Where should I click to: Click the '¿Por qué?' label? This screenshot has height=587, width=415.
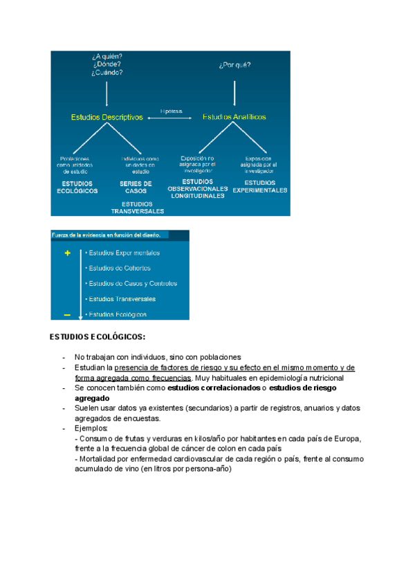(x=234, y=66)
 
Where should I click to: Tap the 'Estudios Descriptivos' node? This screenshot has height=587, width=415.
(x=107, y=118)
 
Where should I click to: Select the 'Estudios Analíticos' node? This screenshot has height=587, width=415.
(x=234, y=118)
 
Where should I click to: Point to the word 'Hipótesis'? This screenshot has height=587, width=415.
(x=171, y=110)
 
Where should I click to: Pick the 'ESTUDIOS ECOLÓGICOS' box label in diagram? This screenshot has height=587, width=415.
(x=77, y=187)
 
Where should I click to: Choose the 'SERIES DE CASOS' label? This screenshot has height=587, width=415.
(x=136, y=187)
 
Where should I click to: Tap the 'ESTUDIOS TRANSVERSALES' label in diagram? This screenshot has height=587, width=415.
(x=138, y=208)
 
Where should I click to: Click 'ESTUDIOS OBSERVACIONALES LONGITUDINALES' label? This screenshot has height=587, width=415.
(x=198, y=189)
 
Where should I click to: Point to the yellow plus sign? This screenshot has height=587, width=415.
(x=67, y=253)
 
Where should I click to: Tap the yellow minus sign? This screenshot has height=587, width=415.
(x=67, y=315)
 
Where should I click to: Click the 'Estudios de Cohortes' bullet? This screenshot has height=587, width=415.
(x=119, y=268)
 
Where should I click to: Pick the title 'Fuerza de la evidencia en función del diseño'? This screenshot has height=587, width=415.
(x=107, y=235)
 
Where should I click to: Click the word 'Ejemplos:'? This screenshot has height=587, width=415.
(x=86, y=428)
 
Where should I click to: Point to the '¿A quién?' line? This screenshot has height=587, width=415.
(x=107, y=55)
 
